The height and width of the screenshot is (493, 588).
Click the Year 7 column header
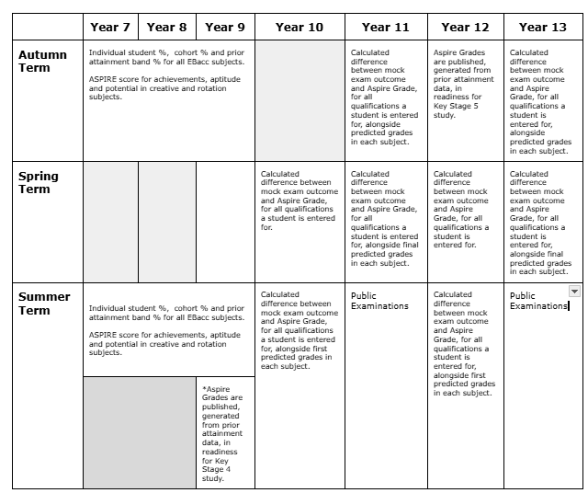pos(110,28)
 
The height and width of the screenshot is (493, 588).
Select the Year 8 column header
pos(166,28)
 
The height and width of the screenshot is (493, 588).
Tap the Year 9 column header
pos(224,28)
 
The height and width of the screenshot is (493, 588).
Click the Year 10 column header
pos(300,28)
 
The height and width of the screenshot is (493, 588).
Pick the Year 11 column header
pos(386,28)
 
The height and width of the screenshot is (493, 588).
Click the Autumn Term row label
pos(43,62)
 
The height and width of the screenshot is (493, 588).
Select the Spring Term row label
pos(39,182)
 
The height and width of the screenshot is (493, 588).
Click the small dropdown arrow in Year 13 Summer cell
pos(575,291)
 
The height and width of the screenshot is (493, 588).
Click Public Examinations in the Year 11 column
pos(379,301)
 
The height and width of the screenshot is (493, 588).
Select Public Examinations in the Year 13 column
pos(538,301)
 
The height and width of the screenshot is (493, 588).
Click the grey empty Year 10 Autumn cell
pos(300,100)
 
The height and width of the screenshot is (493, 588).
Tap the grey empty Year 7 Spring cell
pos(110,222)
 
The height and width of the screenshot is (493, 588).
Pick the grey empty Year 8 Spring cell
pos(167,222)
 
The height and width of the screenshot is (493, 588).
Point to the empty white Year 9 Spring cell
pos(224,222)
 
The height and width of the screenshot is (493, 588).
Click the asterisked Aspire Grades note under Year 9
pos(223,432)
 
